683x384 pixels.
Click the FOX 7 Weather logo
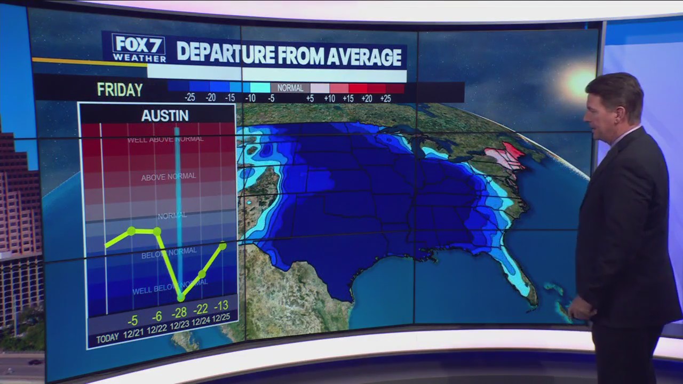tap(138, 48)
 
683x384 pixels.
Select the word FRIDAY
tap(120, 90)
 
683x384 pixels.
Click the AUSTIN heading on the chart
tap(165, 116)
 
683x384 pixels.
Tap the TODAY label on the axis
tap(107, 339)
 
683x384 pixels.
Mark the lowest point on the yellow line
tap(180, 298)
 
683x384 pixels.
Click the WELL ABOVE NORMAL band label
tap(165, 140)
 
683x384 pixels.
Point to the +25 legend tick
tap(385, 98)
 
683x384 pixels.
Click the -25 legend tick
tap(189, 98)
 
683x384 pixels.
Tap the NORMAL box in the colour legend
tap(290, 88)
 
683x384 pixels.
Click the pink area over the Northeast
tap(504, 156)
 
